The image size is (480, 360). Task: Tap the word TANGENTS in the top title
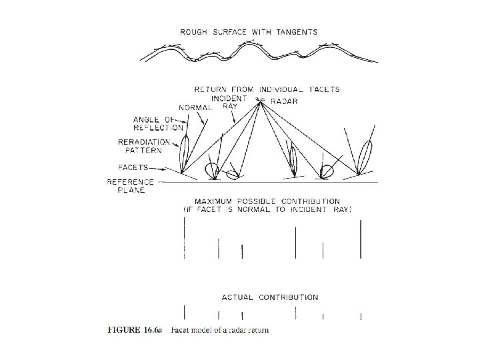(295, 31)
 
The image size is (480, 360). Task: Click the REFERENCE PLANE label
(131, 185)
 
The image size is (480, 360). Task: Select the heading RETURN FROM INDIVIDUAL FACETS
(267, 89)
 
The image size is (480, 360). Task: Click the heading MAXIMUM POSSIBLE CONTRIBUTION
(267, 201)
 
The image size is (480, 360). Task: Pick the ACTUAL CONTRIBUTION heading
(269, 297)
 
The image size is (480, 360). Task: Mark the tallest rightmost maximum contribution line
(361, 239)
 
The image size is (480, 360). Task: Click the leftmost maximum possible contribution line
(185, 238)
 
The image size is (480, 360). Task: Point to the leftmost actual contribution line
(185, 312)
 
